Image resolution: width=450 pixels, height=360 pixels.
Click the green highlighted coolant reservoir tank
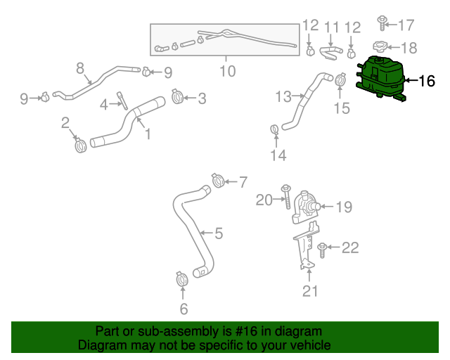(380, 78)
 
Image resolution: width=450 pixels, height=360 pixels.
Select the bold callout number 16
(427, 81)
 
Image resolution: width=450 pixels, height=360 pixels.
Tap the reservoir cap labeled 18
(380, 47)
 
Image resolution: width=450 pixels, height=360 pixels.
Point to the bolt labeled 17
(382, 23)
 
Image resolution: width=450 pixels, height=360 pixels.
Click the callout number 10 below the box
(228, 71)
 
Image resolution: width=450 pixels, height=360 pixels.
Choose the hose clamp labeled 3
(178, 96)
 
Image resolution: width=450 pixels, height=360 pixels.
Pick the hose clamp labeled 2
(81, 146)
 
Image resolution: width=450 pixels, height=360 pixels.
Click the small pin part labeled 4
(122, 101)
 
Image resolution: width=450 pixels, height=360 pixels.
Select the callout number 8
(80, 68)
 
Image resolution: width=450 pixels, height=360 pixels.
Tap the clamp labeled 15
(340, 79)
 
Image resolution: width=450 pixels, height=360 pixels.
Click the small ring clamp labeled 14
(275, 129)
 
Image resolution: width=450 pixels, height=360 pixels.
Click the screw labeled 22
(322, 250)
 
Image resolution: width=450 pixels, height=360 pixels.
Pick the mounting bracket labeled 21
(307, 245)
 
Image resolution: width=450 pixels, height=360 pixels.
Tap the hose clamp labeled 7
(218, 181)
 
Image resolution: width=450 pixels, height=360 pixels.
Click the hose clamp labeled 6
(181, 278)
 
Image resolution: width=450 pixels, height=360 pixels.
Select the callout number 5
(219, 233)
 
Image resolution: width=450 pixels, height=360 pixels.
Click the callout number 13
(283, 97)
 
